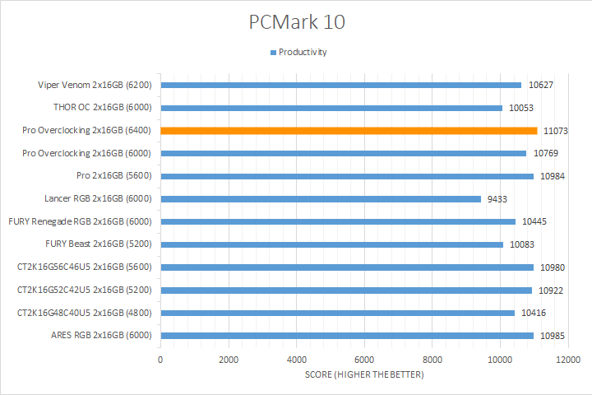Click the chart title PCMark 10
(x=297, y=22)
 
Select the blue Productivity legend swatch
(x=273, y=52)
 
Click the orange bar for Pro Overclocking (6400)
(x=349, y=130)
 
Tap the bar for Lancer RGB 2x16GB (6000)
(x=321, y=198)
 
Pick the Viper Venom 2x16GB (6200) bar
(x=340, y=85)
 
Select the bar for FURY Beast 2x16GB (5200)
(x=331, y=244)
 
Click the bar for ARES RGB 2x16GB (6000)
(x=347, y=336)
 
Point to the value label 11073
(x=556, y=131)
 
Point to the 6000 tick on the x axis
(x=364, y=360)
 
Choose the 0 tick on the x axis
(x=160, y=360)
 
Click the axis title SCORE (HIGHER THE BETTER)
(x=364, y=375)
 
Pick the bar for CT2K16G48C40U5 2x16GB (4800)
(x=337, y=313)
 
